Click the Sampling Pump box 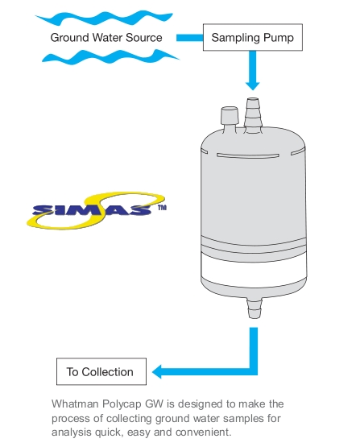point(253,37)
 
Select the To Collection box point(101,371)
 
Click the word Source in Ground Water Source point(144,38)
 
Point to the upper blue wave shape point(104,18)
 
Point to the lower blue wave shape point(110,57)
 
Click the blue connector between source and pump point(189,38)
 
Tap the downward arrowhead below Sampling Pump point(253,85)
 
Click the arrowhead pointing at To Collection point(157,371)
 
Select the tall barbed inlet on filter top point(253,115)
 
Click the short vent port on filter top point(230,119)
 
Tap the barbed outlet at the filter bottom point(254,308)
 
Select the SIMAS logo point(97,210)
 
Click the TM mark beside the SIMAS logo point(162,208)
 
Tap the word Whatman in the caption point(75,404)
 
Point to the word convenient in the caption point(202,433)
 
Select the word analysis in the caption point(72,433)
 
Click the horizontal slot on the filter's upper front point(248,155)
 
